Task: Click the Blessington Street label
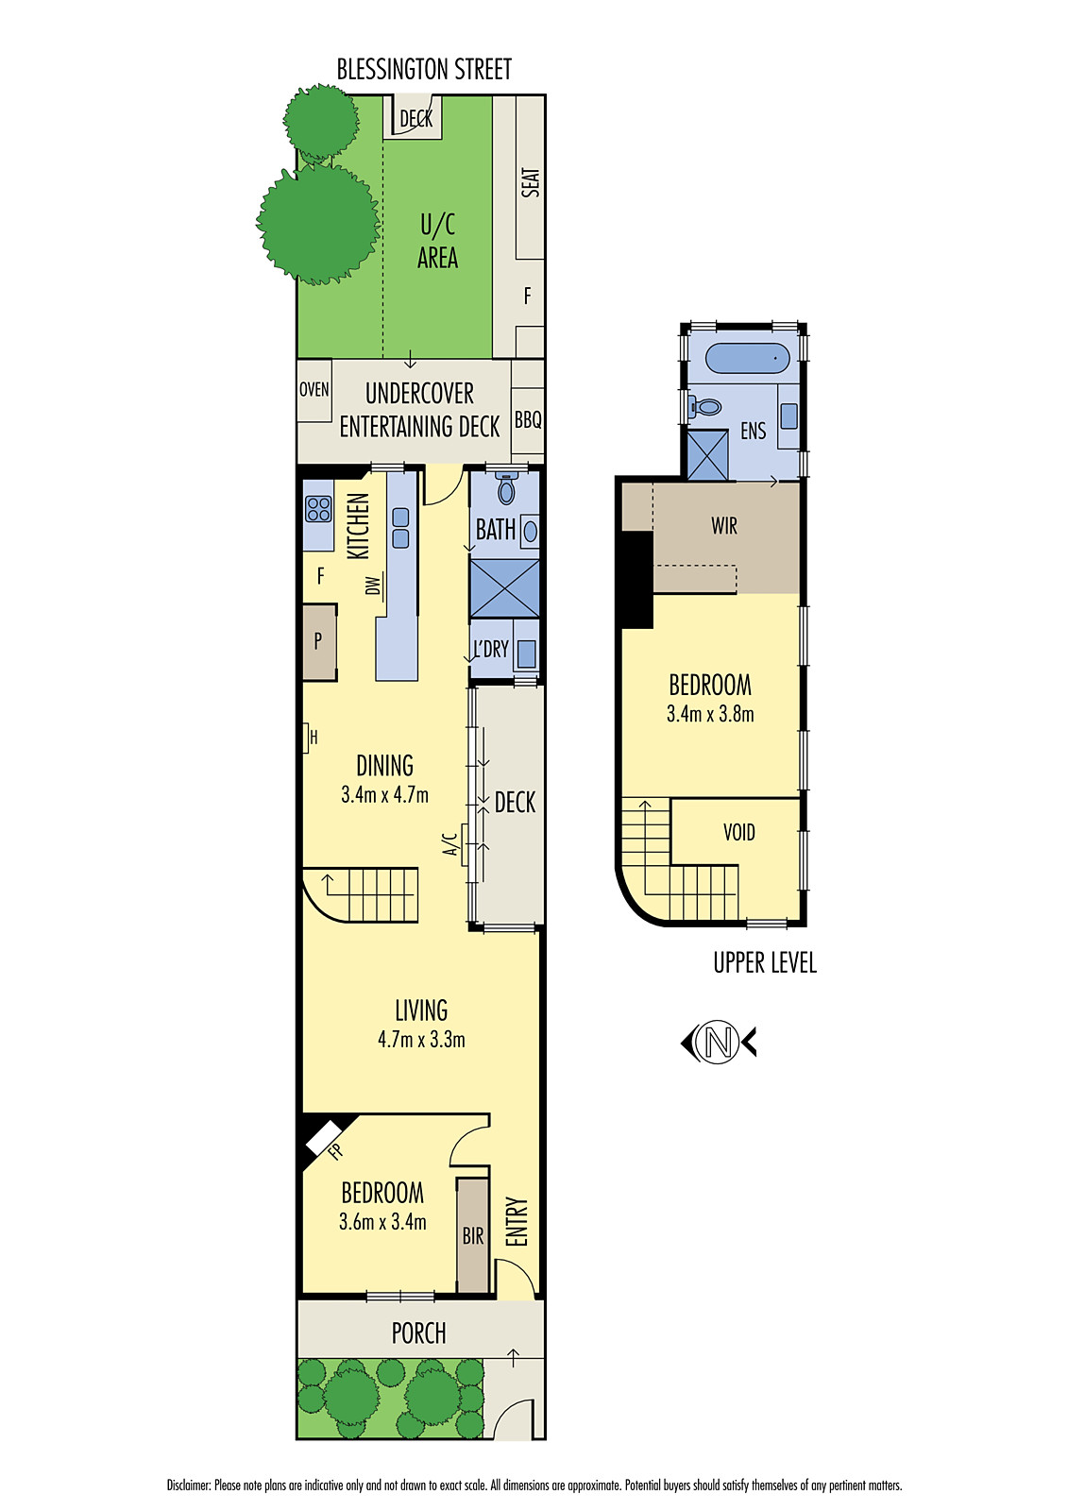pyautogui.click(x=424, y=69)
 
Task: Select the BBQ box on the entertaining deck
pyautogui.click(x=528, y=420)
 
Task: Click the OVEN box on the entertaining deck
pyautogui.click(x=314, y=390)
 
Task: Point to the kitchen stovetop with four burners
pyautogui.click(x=318, y=509)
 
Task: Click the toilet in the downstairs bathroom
pyautogui.click(x=507, y=489)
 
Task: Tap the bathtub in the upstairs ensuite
pyautogui.click(x=747, y=359)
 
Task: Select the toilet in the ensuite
pyautogui.click(x=704, y=407)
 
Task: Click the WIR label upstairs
pyautogui.click(x=724, y=526)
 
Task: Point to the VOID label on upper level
pyautogui.click(x=738, y=832)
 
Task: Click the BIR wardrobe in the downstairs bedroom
pyautogui.click(x=473, y=1235)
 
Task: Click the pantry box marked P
pyautogui.click(x=318, y=641)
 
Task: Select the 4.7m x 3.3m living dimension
pyautogui.click(x=421, y=1040)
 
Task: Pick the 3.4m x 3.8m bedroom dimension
pyautogui.click(x=710, y=714)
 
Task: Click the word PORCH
pyautogui.click(x=418, y=1333)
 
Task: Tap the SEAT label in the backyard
pyautogui.click(x=531, y=182)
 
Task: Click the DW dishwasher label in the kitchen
pyautogui.click(x=373, y=586)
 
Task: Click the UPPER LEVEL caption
pyautogui.click(x=764, y=962)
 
